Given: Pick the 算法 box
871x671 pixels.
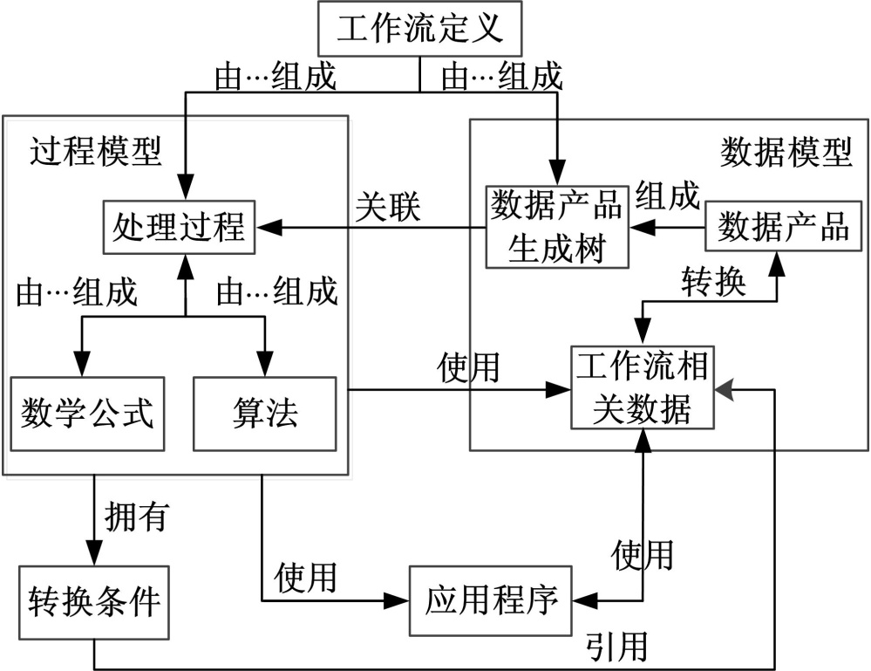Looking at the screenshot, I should coord(265,414).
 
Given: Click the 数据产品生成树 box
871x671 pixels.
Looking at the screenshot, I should coord(557,227).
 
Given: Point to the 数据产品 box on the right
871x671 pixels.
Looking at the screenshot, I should coord(782,227).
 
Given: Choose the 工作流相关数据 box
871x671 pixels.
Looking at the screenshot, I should coord(642,387).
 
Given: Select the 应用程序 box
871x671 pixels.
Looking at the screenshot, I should coord(491,601).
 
